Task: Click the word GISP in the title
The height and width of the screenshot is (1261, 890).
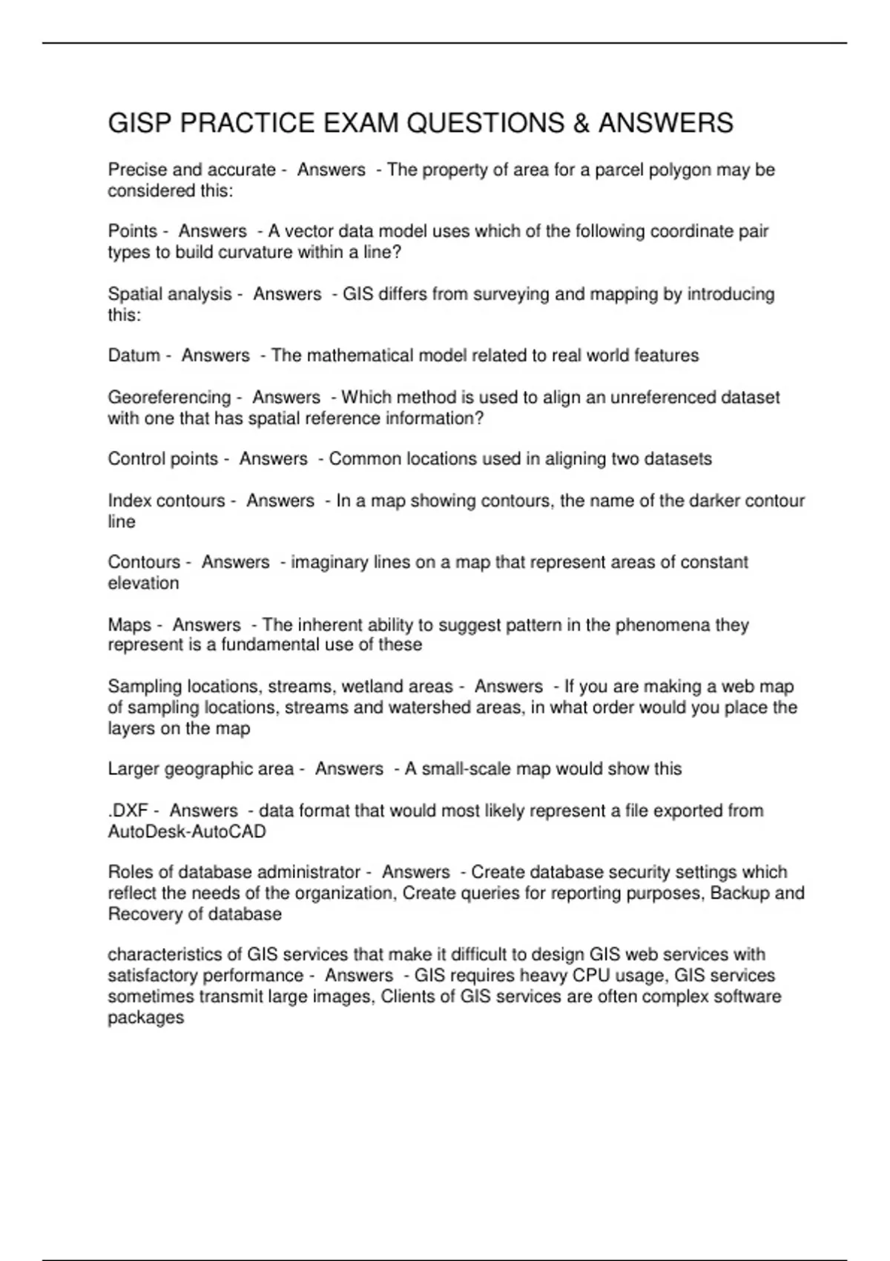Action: click(x=140, y=123)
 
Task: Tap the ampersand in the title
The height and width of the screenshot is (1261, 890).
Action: click(x=581, y=123)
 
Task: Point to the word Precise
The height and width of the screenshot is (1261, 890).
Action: click(x=137, y=170)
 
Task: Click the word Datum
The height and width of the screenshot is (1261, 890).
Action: click(x=134, y=355)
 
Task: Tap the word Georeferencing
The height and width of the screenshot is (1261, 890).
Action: click(x=170, y=398)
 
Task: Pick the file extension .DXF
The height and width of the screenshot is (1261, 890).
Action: click(x=128, y=811)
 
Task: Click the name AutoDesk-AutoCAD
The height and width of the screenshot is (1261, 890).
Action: click(x=187, y=832)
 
